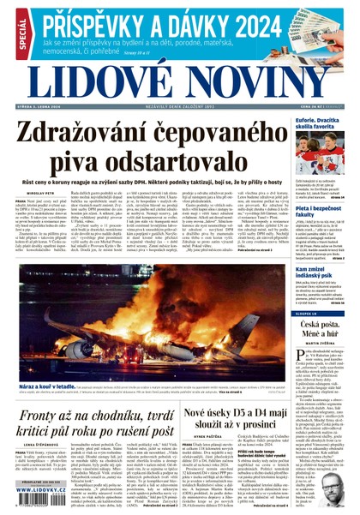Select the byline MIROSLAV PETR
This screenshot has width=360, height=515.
click(34, 194)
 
